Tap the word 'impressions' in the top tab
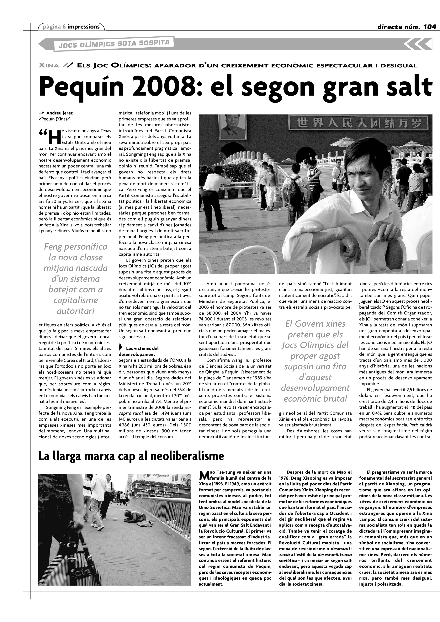[x=83, y=27]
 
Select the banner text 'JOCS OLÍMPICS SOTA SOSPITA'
[x=114, y=44]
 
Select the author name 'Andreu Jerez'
[x=60, y=113]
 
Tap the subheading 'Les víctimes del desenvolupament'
[x=139, y=351]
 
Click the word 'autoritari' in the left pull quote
[x=76, y=311]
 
